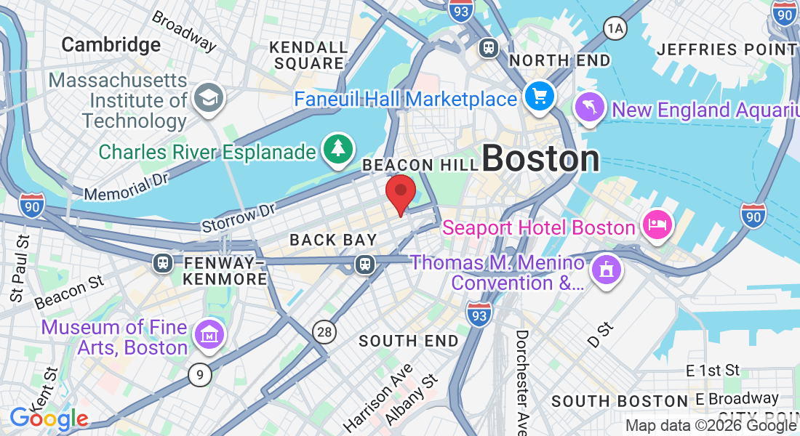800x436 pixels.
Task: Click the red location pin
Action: click(400, 191)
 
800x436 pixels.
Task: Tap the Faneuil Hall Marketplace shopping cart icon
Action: click(540, 97)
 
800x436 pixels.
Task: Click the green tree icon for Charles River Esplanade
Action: click(337, 148)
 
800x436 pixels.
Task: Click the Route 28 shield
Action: click(325, 332)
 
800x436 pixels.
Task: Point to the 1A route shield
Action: click(615, 28)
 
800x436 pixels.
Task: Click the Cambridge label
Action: click(111, 45)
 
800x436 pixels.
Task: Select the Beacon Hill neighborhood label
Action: click(417, 166)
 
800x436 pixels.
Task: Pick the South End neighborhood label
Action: click(409, 341)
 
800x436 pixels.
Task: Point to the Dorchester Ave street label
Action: click(522, 381)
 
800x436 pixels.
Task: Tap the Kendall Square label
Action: click(308, 55)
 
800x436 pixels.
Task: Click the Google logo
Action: click(49, 419)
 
